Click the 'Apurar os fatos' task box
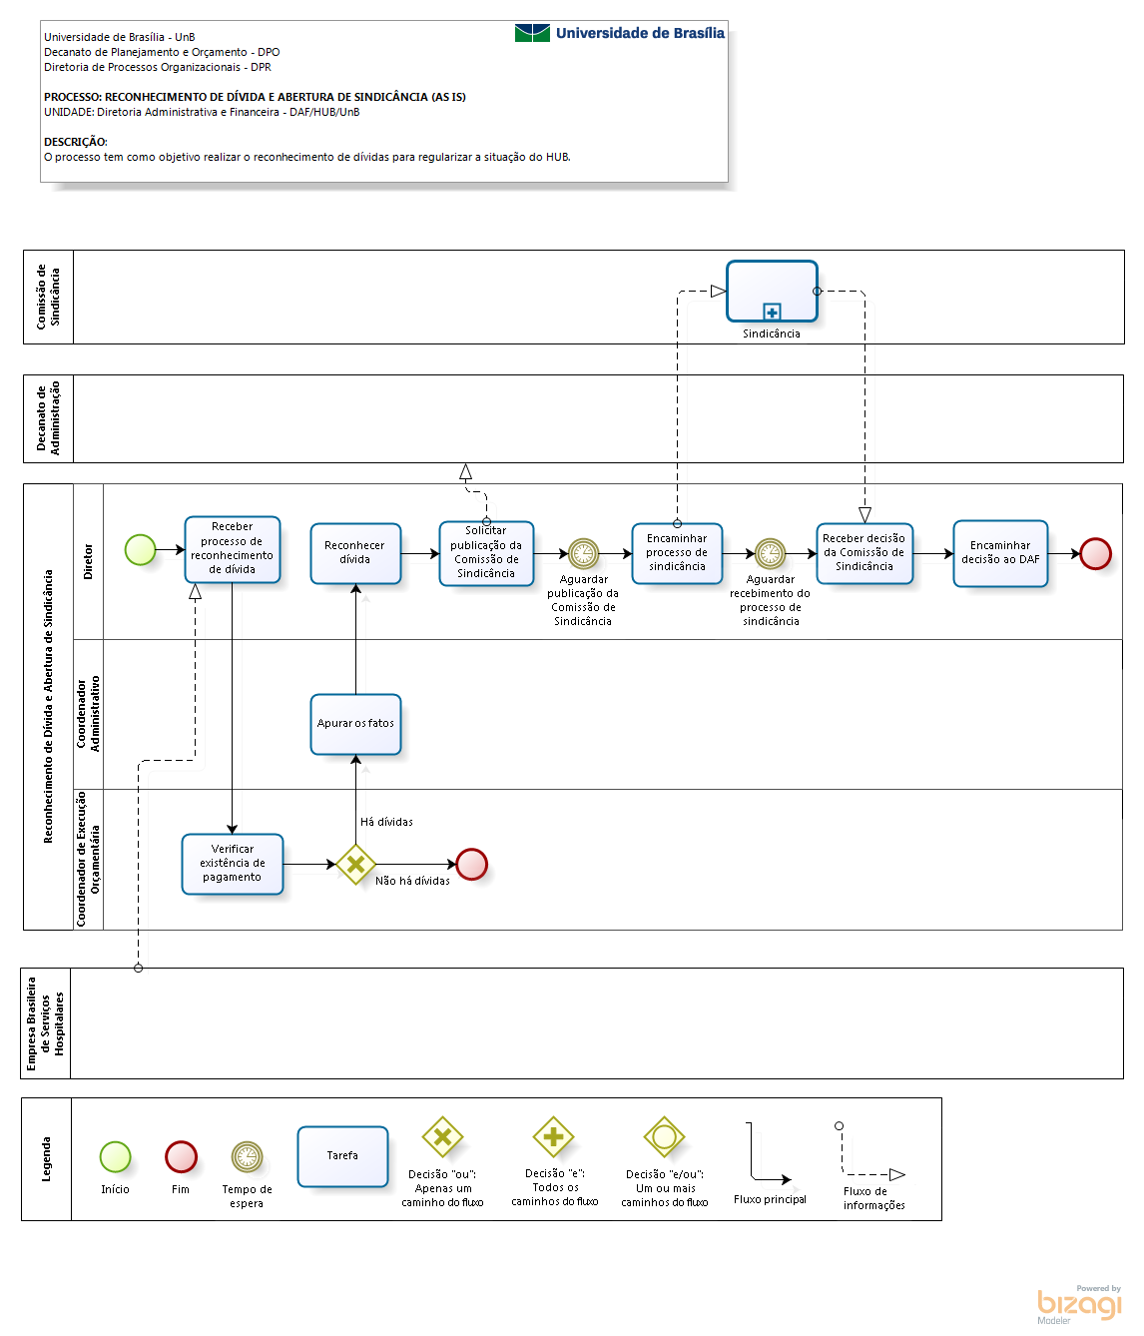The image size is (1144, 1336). pyautogui.click(x=355, y=724)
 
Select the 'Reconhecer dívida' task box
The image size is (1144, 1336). pyautogui.click(x=355, y=553)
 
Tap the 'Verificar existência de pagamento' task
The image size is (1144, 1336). pyautogui.click(x=232, y=864)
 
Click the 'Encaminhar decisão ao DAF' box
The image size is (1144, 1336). pyautogui.click(x=1000, y=553)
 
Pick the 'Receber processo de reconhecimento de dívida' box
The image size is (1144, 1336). pyautogui.click(x=232, y=549)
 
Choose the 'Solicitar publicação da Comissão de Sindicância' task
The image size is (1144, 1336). pyautogui.click(x=486, y=553)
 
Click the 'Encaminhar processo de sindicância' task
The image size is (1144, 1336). pyautogui.click(x=677, y=553)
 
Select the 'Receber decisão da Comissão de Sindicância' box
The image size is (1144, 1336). pyautogui.click(x=864, y=553)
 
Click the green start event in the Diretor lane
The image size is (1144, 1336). pyautogui.click(x=140, y=550)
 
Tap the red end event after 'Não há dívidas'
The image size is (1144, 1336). pyautogui.click(x=472, y=864)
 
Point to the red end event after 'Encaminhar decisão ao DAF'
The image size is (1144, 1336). pyautogui.click(x=1095, y=554)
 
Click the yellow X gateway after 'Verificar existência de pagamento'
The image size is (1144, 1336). pyautogui.click(x=355, y=864)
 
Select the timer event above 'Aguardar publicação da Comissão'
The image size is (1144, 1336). pyautogui.click(x=583, y=554)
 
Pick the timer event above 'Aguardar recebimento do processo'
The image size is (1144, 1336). pyautogui.click(x=770, y=554)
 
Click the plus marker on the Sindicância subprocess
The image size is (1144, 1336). pyautogui.click(x=772, y=313)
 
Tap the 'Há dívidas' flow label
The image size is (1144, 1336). pyautogui.click(x=386, y=822)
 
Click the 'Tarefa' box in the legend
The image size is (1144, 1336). pyautogui.click(x=342, y=1156)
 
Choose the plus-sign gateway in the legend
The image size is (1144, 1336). pyautogui.click(x=553, y=1137)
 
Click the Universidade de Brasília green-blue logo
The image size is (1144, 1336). pyautogui.click(x=532, y=33)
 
